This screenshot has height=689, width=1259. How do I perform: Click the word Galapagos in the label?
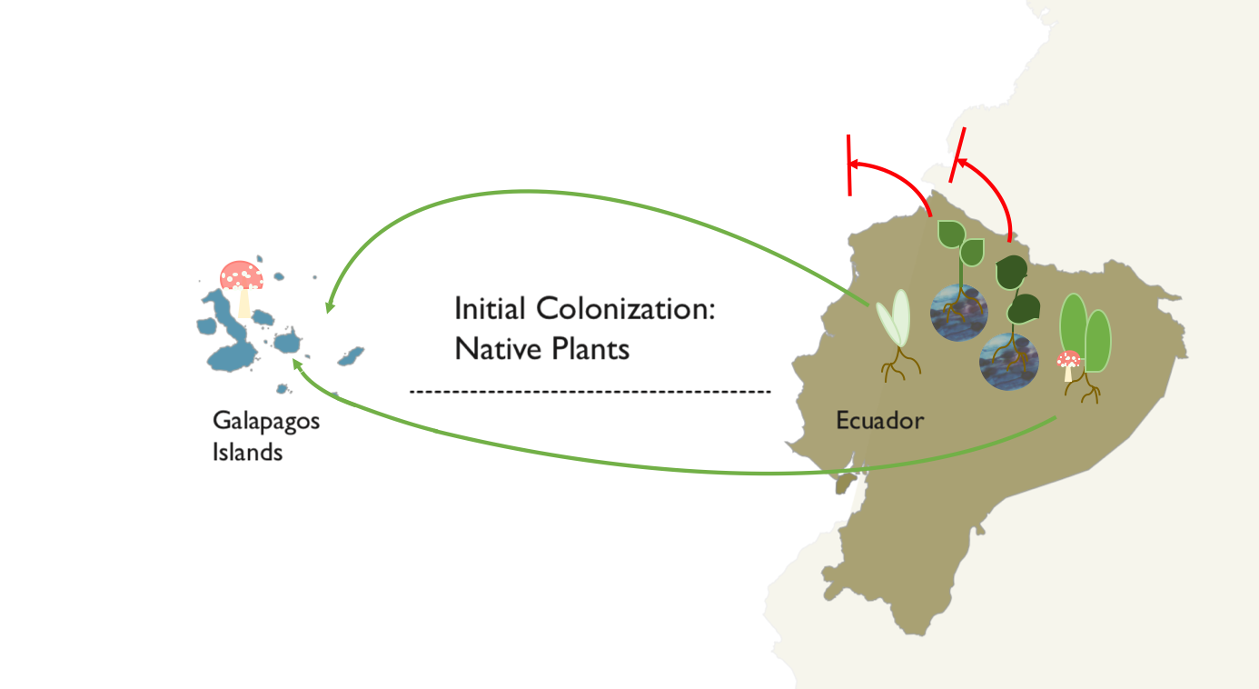coord(266,421)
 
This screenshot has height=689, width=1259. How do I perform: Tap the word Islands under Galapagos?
coord(247,452)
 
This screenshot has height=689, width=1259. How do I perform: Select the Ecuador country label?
coord(879,421)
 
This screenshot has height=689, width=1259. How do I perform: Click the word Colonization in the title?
coord(626,309)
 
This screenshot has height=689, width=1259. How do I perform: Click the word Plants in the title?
coord(590,349)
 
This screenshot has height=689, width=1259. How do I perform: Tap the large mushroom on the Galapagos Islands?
coord(243,288)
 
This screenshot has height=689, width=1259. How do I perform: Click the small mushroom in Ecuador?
coord(1068,365)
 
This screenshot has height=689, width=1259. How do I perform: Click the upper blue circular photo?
coord(959,313)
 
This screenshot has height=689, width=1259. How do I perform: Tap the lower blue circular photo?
coord(1009,362)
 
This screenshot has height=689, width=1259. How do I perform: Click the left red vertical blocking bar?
coord(849,165)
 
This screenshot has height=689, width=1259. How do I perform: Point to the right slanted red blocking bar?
coord(957,155)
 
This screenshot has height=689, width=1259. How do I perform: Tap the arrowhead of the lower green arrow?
coord(298,364)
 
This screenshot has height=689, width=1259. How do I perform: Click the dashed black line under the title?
coord(590,391)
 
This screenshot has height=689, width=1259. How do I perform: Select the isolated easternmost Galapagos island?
coord(351,356)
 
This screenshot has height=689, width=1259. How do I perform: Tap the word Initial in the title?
coord(490,309)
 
